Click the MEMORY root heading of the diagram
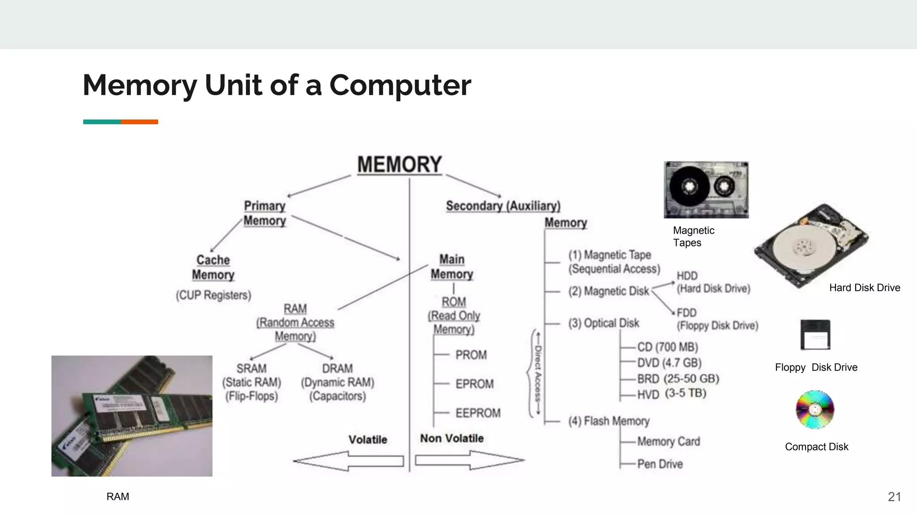pyautogui.click(x=399, y=164)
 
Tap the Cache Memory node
pyautogui.click(x=213, y=267)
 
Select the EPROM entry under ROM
pyautogui.click(x=474, y=384)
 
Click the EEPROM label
pyautogui.click(x=478, y=413)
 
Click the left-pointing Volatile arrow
pyautogui.click(x=348, y=461)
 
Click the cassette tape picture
pyautogui.click(x=706, y=190)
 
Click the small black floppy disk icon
pyautogui.click(x=815, y=335)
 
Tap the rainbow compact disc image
pyautogui.click(x=815, y=409)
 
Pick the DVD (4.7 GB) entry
pyautogui.click(x=669, y=363)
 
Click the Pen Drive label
pyautogui.click(x=660, y=464)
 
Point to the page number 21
pyautogui.click(x=894, y=497)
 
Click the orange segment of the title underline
pyautogui.click(x=139, y=122)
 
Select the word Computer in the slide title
pyautogui.click(x=400, y=85)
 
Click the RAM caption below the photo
pyautogui.click(x=118, y=497)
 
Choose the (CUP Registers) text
pyautogui.click(x=213, y=295)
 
